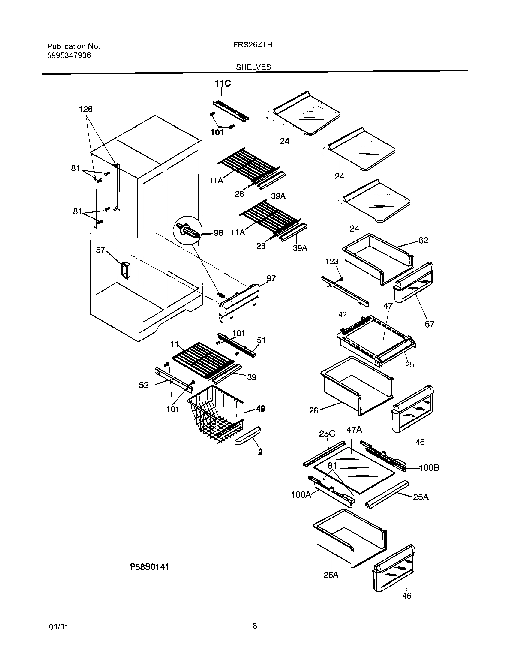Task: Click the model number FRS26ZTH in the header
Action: pyautogui.click(x=253, y=45)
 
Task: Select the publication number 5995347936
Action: pyautogui.click(x=69, y=55)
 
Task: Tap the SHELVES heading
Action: pyautogui.click(x=253, y=67)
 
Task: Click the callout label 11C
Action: pyautogui.click(x=223, y=84)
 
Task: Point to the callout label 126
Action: pyautogui.click(x=85, y=109)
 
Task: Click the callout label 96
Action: pyautogui.click(x=218, y=233)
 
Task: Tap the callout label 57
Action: pyautogui.click(x=100, y=250)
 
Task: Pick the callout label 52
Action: pyautogui.click(x=144, y=385)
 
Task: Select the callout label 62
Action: pyautogui.click(x=423, y=240)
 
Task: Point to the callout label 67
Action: pyautogui.click(x=429, y=324)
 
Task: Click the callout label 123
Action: pyautogui.click(x=332, y=262)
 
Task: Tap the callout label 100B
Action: pyautogui.click(x=429, y=468)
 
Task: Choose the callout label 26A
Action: pyautogui.click(x=331, y=575)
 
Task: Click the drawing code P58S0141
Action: pyautogui.click(x=149, y=567)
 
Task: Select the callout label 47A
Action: pyautogui.click(x=354, y=429)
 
